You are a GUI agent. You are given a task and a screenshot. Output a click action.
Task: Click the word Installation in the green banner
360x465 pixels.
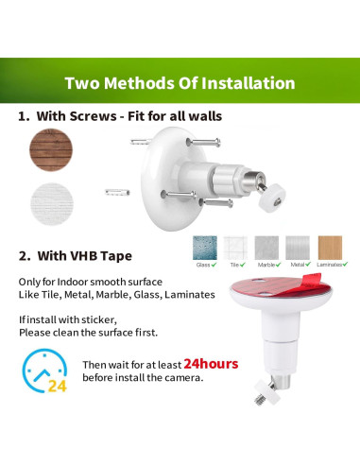tap(246, 82)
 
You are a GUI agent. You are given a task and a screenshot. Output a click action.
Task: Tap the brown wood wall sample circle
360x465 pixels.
tap(51, 149)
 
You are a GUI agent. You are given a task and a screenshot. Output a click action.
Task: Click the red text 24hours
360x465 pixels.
tap(211, 363)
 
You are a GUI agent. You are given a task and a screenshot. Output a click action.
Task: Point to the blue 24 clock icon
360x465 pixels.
tap(44, 373)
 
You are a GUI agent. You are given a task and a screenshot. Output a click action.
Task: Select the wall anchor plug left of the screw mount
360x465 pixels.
tap(118, 191)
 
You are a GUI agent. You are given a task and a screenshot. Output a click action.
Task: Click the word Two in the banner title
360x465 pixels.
tap(83, 82)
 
